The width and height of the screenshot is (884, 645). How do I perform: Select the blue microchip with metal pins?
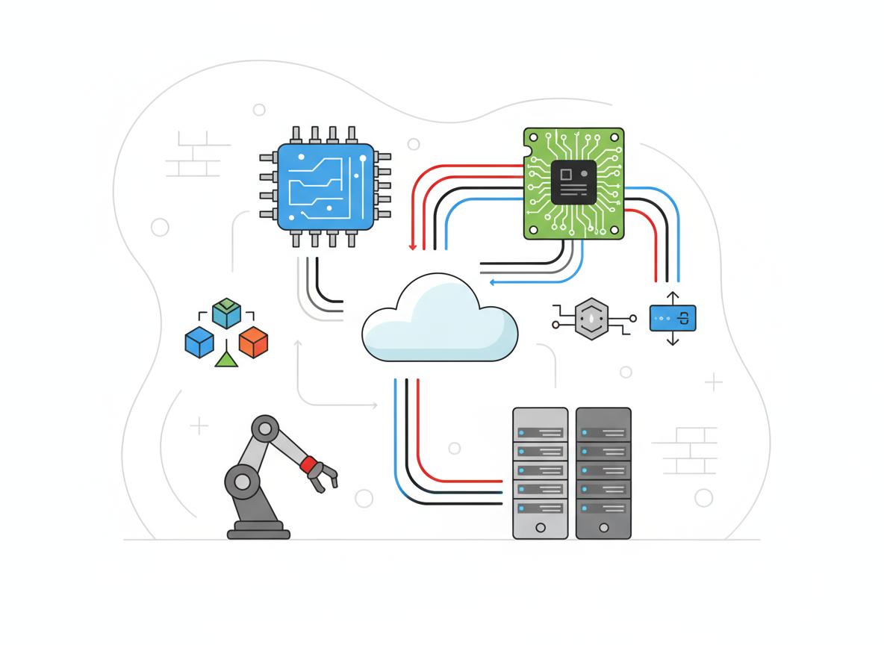[x=326, y=187]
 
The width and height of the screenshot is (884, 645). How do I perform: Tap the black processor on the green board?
[x=573, y=182]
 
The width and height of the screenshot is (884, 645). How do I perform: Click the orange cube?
[x=253, y=342]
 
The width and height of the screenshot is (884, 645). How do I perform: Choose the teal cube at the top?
[x=226, y=314]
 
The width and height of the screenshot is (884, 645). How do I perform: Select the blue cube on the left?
[x=199, y=342]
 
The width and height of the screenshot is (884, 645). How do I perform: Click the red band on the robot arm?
[x=308, y=464]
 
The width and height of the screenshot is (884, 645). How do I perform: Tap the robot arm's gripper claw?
[x=326, y=476]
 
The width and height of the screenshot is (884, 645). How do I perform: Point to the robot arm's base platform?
[x=258, y=531]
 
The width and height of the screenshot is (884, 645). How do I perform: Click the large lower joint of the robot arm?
[x=242, y=482]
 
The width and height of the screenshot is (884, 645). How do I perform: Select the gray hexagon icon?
[x=591, y=320]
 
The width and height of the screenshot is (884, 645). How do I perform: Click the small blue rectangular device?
[x=672, y=318]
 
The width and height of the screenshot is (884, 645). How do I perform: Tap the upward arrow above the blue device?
[x=672, y=296]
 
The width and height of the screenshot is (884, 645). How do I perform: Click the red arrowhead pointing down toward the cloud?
[x=412, y=246]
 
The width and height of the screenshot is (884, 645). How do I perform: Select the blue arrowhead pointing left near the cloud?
[x=492, y=282]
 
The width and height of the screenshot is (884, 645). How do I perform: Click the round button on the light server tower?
[x=541, y=528]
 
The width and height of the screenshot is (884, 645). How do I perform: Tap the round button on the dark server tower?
[x=603, y=528]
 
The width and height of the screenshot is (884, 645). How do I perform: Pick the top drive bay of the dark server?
[x=603, y=432]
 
